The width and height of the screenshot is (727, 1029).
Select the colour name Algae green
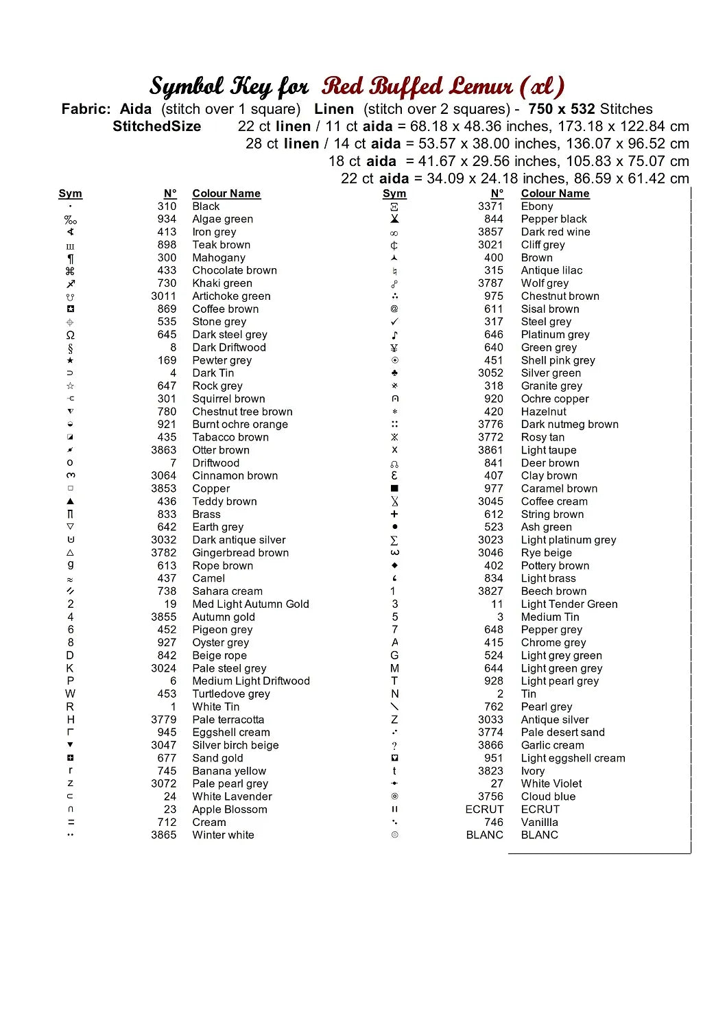pos(222,219)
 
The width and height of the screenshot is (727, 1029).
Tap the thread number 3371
pos(490,206)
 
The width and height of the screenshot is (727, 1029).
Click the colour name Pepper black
pos(553,219)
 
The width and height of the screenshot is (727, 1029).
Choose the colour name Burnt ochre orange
pos(239,424)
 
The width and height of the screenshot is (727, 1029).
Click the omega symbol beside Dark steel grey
pos(70,335)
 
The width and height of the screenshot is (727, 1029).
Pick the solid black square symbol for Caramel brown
pos(394,488)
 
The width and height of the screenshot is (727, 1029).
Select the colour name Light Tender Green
pos(569,604)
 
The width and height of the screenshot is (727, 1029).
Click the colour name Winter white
pos(223,835)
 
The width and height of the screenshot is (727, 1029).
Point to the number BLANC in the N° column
pos(484,835)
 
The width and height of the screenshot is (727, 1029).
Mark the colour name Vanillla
pos(539,822)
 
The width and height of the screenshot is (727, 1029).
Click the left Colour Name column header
pos(226,193)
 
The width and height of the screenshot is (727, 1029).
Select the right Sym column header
pos(394,193)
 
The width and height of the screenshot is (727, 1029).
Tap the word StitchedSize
pos(156,126)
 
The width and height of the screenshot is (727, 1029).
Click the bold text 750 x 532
pos(561,109)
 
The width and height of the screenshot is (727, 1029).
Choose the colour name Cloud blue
pos(548,796)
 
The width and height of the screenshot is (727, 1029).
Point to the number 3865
pos(163,835)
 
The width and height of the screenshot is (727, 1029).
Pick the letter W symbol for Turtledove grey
pos(70,694)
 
